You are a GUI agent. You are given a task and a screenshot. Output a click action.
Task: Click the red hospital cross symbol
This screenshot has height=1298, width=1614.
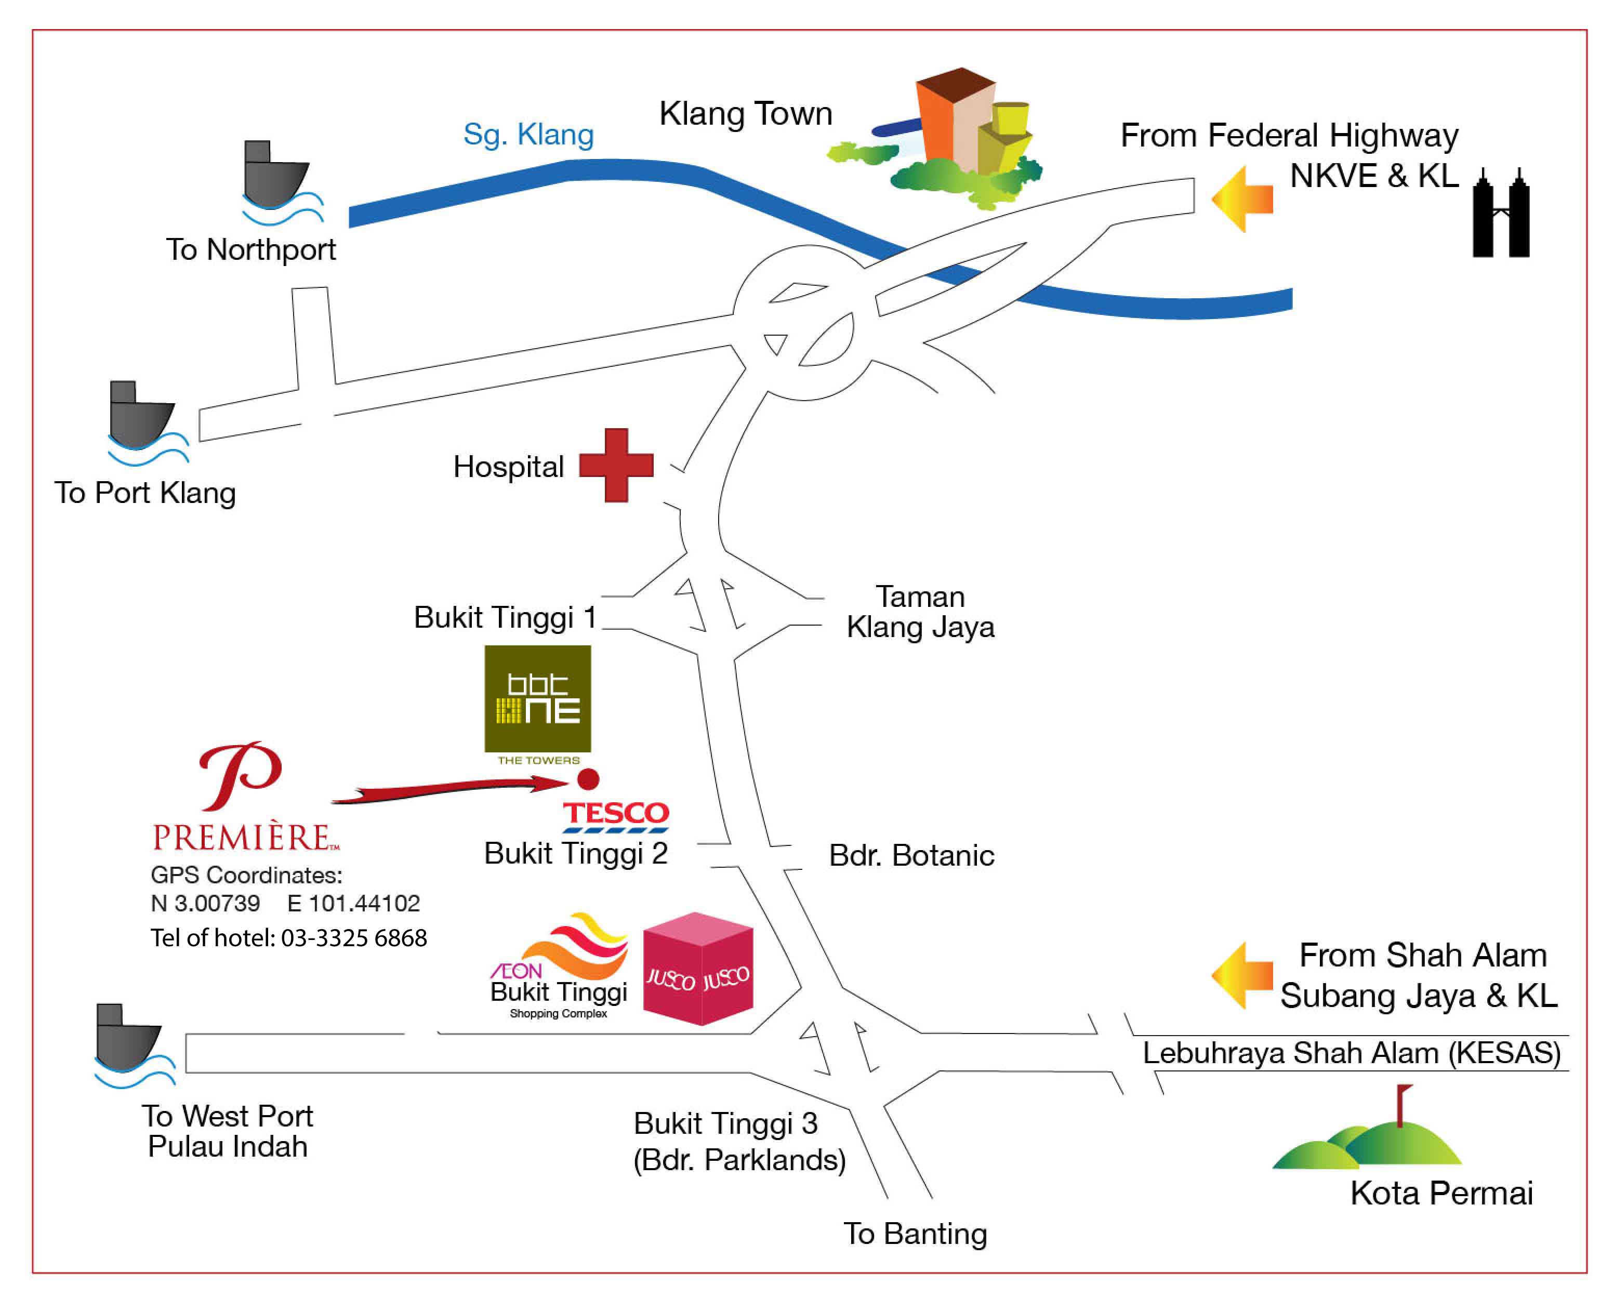[616, 465]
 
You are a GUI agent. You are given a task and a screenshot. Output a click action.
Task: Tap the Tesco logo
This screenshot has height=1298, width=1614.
[615, 816]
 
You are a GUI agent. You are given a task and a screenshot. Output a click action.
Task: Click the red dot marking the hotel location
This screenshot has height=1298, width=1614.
[588, 779]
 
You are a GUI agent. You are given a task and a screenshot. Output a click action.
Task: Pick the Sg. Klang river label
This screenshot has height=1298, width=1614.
[528, 135]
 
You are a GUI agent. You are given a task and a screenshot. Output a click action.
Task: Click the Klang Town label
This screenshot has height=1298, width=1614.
[746, 114]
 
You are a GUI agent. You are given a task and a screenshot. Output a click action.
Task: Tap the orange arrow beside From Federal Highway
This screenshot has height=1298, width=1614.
[1242, 199]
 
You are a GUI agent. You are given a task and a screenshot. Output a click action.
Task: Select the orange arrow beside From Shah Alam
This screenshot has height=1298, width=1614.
[1242, 975]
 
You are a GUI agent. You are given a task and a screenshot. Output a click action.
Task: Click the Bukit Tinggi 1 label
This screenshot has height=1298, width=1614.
[505, 617]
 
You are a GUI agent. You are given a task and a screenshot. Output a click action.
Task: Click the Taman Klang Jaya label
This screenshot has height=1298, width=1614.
[920, 612]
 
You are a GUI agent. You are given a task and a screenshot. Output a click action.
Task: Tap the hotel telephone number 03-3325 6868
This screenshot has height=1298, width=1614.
[353, 938]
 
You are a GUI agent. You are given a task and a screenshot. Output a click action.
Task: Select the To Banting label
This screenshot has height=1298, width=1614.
[915, 1234]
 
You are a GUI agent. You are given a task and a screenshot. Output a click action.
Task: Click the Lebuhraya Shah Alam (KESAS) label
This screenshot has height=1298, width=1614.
[1351, 1053]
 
